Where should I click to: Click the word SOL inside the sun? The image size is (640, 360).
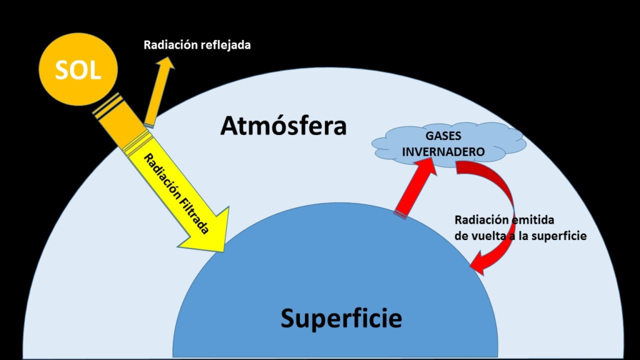tap(77, 70)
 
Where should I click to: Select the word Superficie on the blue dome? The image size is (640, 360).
tap(341, 318)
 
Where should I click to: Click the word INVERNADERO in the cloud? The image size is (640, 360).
tap(443, 152)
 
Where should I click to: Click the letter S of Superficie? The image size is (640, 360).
tap(287, 318)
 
